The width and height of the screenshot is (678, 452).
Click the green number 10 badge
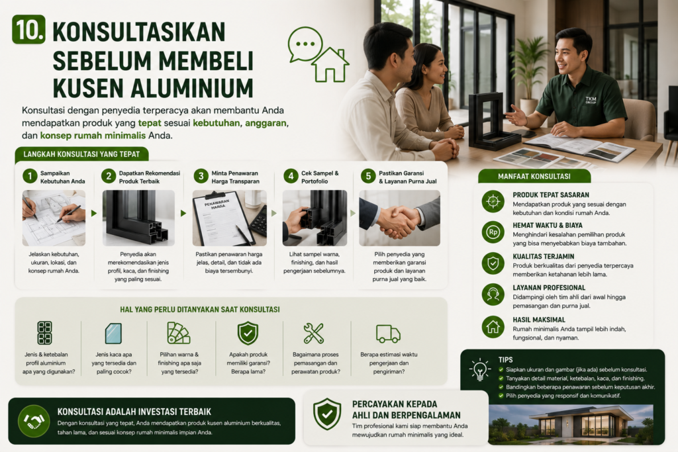point(28,29)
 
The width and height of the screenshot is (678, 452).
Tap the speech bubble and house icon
point(318,54)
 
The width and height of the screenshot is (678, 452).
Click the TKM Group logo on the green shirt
point(591,100)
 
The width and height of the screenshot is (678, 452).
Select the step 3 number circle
point(201,176)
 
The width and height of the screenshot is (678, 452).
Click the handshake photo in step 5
point(399,218)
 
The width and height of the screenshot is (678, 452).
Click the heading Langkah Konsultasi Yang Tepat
point(81,154)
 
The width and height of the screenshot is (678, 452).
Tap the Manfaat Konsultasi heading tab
point(534,176)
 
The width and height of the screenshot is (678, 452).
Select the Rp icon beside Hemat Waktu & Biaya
point(493,232)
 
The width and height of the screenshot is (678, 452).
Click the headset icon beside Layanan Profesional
point(493,294)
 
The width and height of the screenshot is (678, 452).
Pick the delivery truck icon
point(388,334)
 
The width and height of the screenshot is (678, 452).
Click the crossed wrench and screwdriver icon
point(313,333)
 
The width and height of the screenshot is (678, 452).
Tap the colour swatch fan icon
point(179,333)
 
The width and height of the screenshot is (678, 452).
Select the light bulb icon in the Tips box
point(479,369)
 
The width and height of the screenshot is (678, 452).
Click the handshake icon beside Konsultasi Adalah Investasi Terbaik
point(34,421)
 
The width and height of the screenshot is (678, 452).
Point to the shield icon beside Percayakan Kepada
point(327,414)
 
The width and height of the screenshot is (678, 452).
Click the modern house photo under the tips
point(571,424)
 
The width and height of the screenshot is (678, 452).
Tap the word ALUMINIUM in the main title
point(191,88)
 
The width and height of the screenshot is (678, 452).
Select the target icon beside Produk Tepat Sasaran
point(493,201)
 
